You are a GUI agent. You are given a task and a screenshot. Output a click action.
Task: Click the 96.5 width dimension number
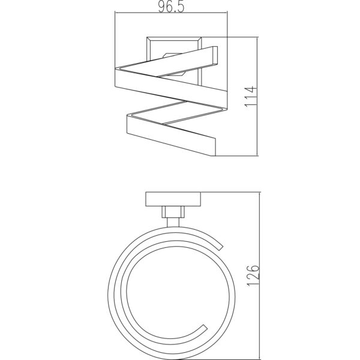point(171,7)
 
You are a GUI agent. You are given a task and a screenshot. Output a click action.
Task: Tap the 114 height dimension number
point(250,96)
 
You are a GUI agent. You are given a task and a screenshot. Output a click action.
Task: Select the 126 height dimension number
point(253,275)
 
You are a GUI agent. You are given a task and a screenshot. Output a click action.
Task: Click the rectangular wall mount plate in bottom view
point(173,199)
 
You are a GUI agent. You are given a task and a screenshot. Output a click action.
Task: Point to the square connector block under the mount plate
point(173,212)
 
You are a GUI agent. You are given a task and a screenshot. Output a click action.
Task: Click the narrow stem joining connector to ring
point(173,222)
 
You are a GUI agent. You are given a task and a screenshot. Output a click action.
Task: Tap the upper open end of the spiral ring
point(220,247)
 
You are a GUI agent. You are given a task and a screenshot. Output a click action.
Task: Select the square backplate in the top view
point(174,61)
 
